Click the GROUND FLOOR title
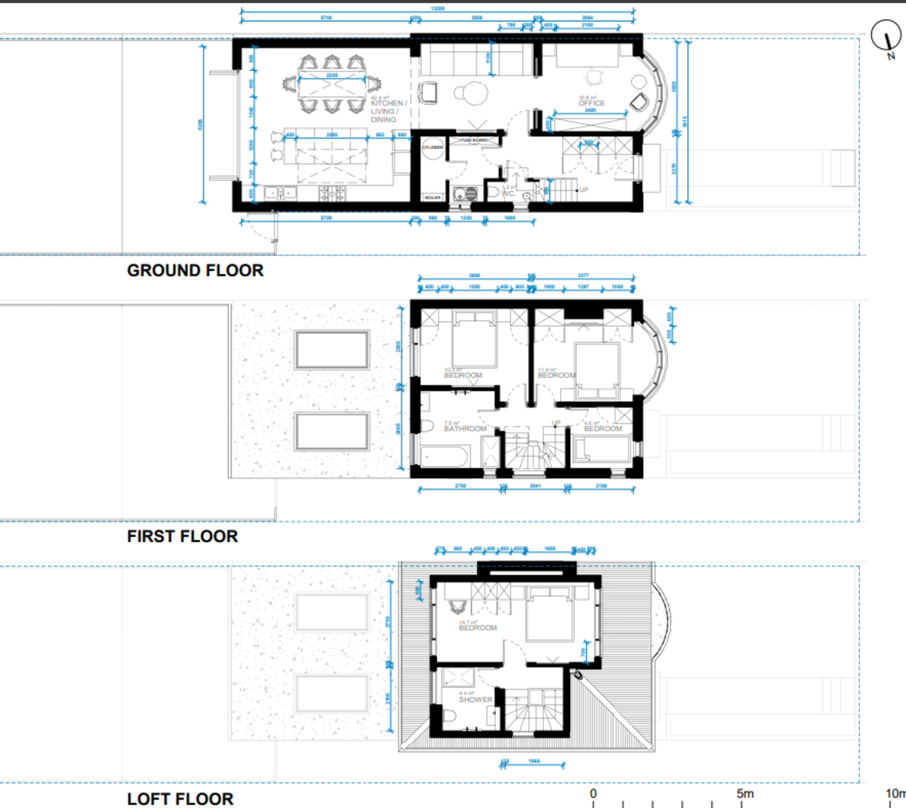pyautogui.click(x=195, y=270)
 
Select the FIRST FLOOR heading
pyautogui.click(x=182, y=536)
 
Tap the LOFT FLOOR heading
pyautogui.click(x=180, y=798)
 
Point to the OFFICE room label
pyautogui.click(x=591, y=103)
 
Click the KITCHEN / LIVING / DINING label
pyautogui.click(x=388, y=111)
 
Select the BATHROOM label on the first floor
pyautogui.click(x=465, y=428)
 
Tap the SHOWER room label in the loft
pyautogui.click(x=475, y=699)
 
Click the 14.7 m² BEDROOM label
pyautogui.click(x=477, y=627)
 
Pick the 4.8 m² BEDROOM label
pyautogui.click(x=602, y=428)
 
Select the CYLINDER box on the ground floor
pyautogui.click(x=433, y=147)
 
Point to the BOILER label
pyautogui.click(x=432, y=198)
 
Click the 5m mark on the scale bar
pyautogui.click(x=744, y=794)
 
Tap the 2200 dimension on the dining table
pyautogui.click(x=332, y=76)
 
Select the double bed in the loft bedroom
pyautogui.click(x=550, y=616)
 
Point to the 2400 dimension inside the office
pyautogui.click(x=590, y=110)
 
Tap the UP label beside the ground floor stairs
pyautogui.click(x=584, y=190)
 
